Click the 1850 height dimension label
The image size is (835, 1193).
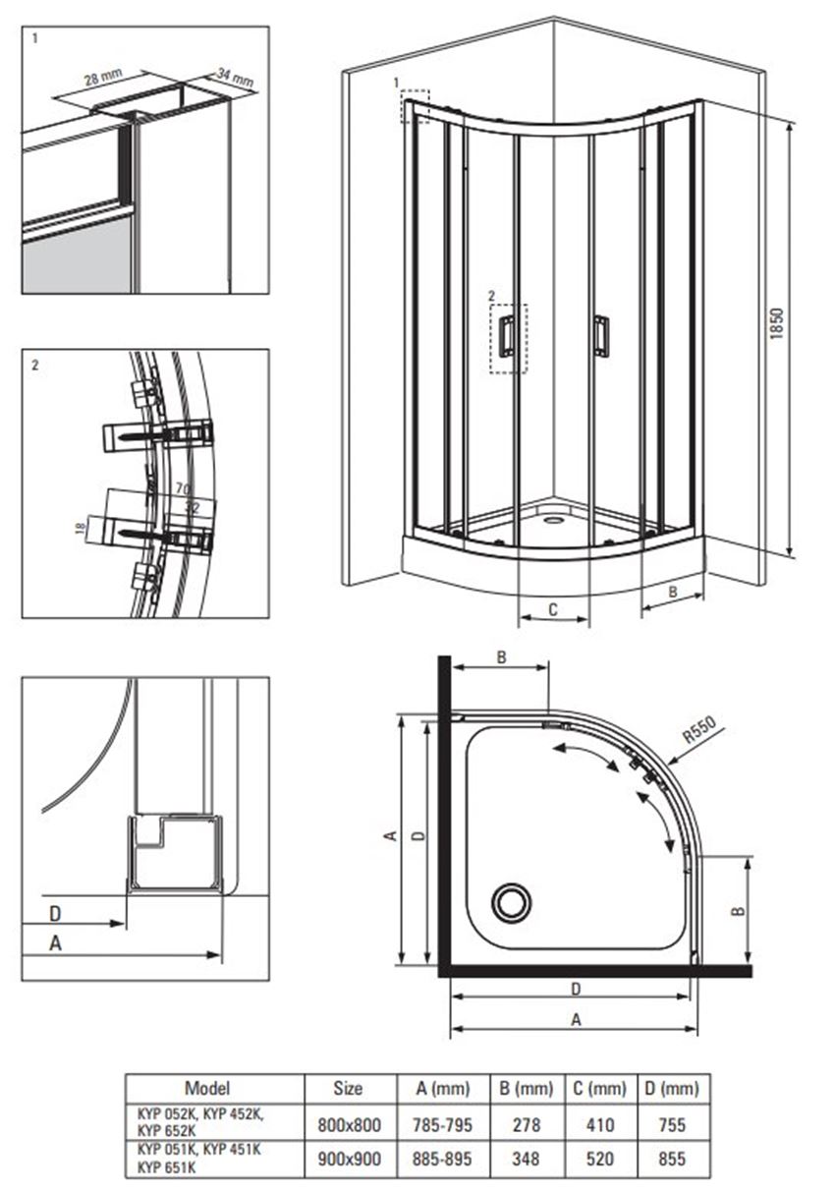tap(777, 323)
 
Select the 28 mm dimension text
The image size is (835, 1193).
tap(103, 77)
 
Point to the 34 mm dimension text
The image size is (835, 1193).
tap(235, 78)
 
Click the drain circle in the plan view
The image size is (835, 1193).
tap(511, 902)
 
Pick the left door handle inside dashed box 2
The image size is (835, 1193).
tap(507, 335)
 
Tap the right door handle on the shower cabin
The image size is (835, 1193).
tap(601, 335)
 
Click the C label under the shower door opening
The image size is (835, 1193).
tap(553, 609)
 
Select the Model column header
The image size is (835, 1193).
tap(207, 1087)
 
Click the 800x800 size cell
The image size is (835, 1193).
tap(350, 1125)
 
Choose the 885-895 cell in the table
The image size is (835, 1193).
tap(442, 1159)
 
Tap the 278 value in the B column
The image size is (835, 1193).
tap(527, 1125)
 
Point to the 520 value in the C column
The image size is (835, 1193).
tap(599, 1159)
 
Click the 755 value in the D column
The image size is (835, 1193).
tap(672, 1125)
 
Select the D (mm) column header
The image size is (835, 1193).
tap(672, 1089)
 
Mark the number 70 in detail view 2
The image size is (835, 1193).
tap(183, 487)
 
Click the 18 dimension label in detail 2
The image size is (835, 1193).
tap(81, 529)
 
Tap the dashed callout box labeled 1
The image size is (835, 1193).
tap(416, 106)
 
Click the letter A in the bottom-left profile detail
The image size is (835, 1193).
tap(55, 943)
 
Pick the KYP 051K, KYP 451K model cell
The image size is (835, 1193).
tap(199, 1150)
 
